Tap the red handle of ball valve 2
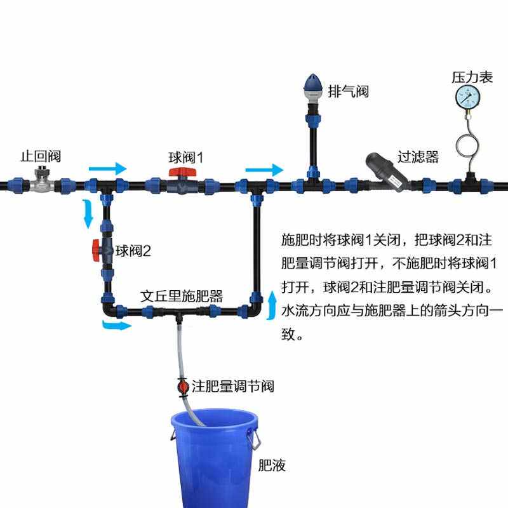[x=95, y=250]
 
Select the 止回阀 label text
[x=40, y=156]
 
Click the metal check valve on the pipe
[x=43, y=182]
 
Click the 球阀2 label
[x=133, y=251]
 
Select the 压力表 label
[x=472, y=77]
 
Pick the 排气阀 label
[x=349, y=92]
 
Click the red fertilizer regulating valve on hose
[x=182, y=386]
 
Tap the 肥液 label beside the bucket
[x=272, y=465]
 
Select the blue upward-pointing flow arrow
[x=273, y=304]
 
